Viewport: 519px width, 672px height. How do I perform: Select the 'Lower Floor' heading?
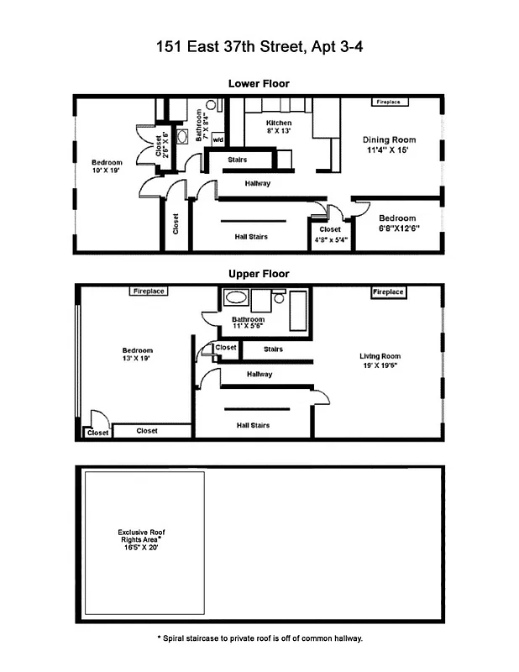[x=259, y=83]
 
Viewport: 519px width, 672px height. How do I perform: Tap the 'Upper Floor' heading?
[x=259, y=274]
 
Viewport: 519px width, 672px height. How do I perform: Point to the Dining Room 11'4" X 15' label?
[x=389, y=145]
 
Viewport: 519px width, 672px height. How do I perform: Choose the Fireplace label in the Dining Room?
[x=388, y=102]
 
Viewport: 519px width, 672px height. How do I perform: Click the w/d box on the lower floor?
[x=218, y=139]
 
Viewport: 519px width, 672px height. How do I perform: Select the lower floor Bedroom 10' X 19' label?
[x=107, y=166]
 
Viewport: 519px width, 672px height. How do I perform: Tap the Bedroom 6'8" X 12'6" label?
[x=397, y=223]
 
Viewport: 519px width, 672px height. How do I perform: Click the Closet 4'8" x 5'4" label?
[x=330, y=234]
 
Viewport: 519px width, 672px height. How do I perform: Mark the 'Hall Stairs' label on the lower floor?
[x=251, y=237]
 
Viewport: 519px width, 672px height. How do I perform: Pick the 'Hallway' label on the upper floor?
[x=259, y=375]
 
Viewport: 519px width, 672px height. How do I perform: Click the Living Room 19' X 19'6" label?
[x=380, y=360]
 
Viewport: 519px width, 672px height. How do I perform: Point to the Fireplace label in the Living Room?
[x=388, y=292]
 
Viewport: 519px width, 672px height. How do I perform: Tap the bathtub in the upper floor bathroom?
[x=235, y=297]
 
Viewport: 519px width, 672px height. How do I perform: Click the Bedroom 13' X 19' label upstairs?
[x=138, y=354]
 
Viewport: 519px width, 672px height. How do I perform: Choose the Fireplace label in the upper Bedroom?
[x=149, y=291]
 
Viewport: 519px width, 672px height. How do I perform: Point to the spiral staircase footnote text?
[x=259, y=638]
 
